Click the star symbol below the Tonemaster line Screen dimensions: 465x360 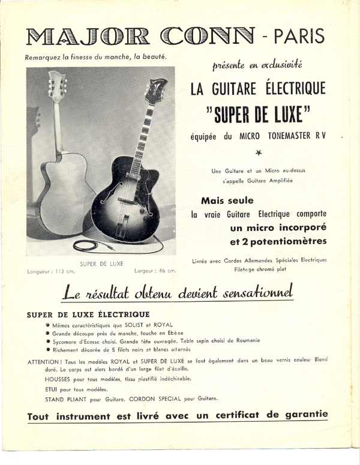pos(259,153)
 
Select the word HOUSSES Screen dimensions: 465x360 pos(58,379)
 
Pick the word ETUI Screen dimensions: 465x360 pos(52,389)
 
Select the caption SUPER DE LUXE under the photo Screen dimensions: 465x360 pos(101,263)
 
